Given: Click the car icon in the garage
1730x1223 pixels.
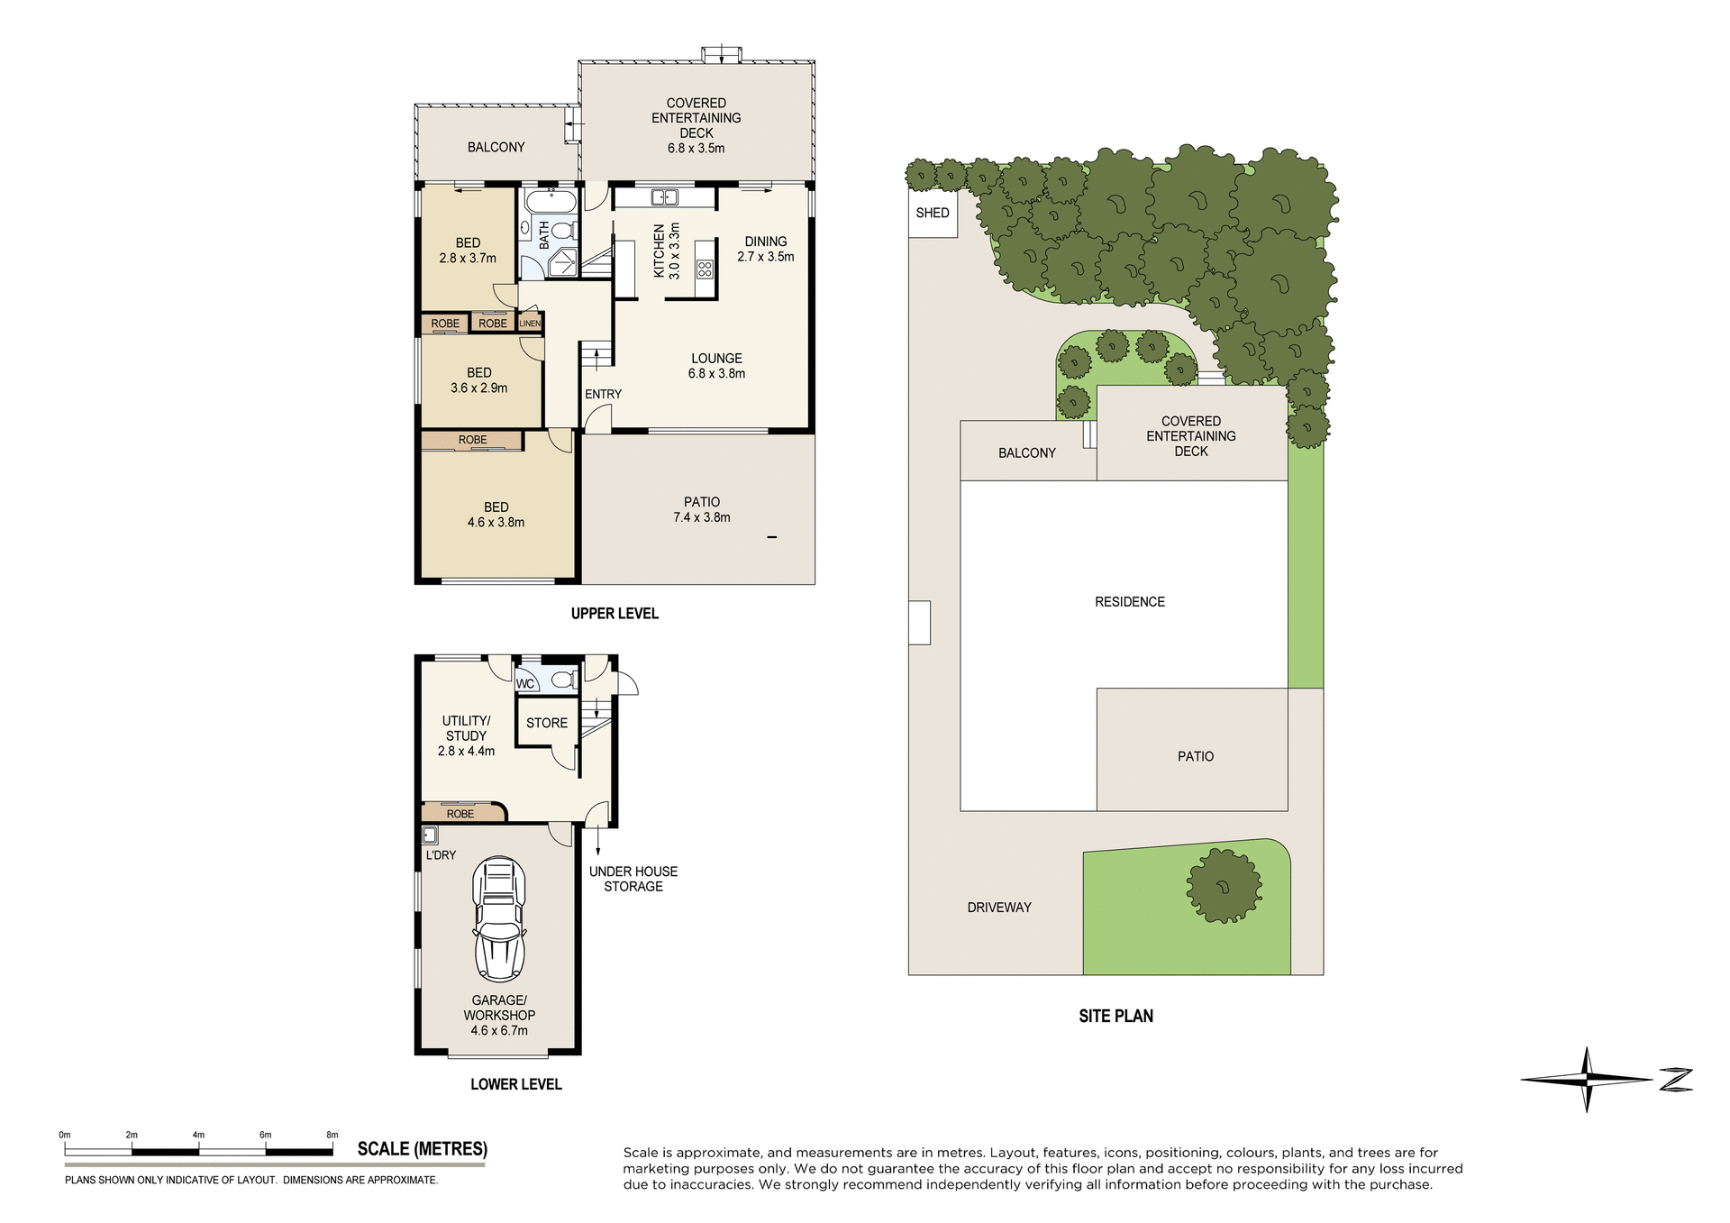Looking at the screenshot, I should tap(499, 919).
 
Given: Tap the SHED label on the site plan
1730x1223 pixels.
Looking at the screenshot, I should tap(933, 213).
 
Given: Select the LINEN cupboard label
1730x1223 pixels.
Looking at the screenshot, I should tap(530, 324).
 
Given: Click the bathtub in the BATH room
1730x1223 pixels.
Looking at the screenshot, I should tap(550, 201).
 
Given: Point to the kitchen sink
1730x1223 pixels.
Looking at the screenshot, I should tap(665, 196).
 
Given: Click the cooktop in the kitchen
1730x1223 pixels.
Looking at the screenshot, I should tap(705, 269).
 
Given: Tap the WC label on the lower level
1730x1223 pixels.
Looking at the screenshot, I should tap(525, 684).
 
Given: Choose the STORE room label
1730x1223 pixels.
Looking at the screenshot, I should tap(547, 723).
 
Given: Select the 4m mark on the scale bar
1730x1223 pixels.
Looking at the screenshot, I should tap(198, 1136).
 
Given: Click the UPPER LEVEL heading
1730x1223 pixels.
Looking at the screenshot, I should tap(615, 614).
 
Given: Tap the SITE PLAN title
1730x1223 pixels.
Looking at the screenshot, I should tap(1115, 1016).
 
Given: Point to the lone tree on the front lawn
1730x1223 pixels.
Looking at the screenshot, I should tap(1223, 886).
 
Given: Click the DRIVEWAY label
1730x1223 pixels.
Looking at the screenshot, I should tap(999, 908).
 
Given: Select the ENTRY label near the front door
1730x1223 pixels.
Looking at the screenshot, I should tap(603, 394).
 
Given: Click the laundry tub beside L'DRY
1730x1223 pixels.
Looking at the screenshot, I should tap(430, 835).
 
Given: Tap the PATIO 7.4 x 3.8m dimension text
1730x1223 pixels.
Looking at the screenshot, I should tap(702, 517).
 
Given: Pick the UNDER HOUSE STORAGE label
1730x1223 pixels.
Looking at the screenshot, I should tap(633, 879).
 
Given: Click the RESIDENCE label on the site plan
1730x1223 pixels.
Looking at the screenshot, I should tap(1130, 602).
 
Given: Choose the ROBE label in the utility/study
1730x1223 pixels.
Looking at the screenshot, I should tap(460, 814).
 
